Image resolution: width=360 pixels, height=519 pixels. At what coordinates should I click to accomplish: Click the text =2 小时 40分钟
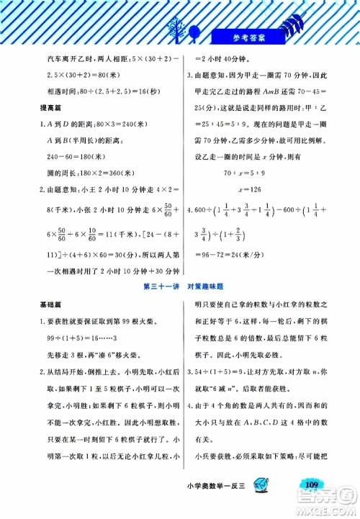point(220,59)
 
